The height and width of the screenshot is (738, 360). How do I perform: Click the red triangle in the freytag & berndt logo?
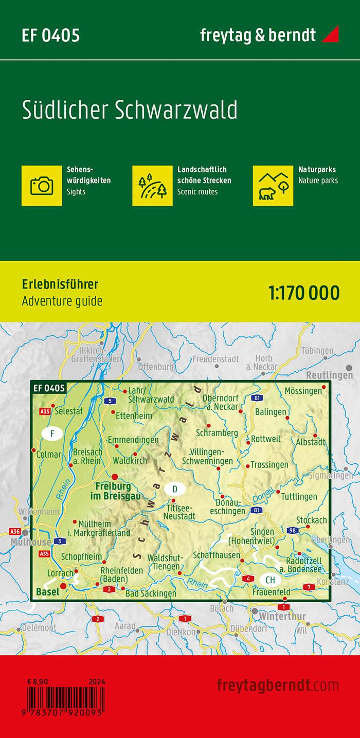[330, 35]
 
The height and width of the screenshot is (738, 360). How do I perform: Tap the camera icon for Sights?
[42, 185]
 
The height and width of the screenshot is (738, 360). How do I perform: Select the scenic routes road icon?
[152, 185]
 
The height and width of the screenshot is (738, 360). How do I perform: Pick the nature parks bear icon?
[273, 185]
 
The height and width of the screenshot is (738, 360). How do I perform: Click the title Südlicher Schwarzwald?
[130, 111]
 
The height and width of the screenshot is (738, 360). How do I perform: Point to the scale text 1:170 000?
[304, 293]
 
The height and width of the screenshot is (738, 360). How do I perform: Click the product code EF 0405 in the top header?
[51, 35]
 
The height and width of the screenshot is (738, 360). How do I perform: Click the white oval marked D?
[175, 488]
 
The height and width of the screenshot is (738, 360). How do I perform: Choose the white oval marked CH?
[271, 580]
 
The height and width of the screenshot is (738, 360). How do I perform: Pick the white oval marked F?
[52, 434]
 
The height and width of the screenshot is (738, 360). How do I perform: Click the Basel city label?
[47, 591]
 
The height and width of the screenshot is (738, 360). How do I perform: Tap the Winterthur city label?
[283, 616]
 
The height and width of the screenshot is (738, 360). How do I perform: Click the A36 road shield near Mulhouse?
[15, 531]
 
